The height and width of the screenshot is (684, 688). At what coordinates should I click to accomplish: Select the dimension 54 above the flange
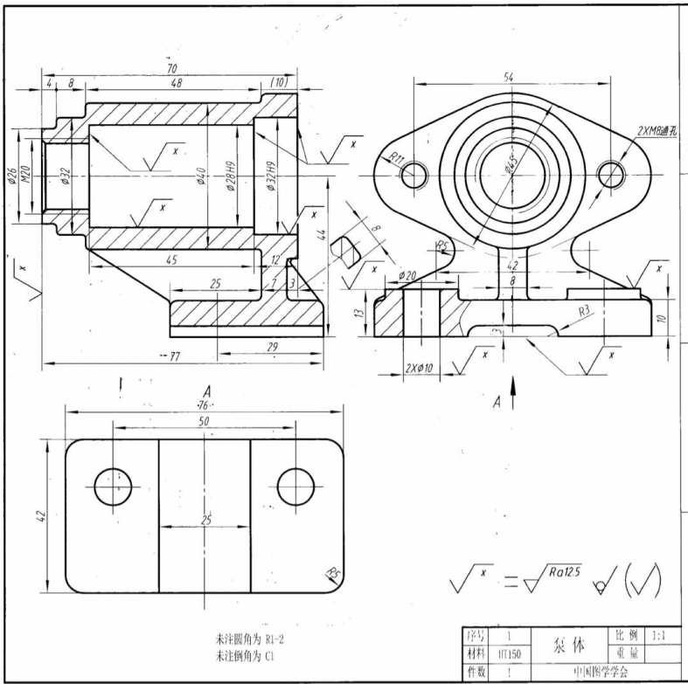click(509, 77)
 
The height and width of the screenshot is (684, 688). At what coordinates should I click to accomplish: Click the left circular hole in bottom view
click(112, 486)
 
